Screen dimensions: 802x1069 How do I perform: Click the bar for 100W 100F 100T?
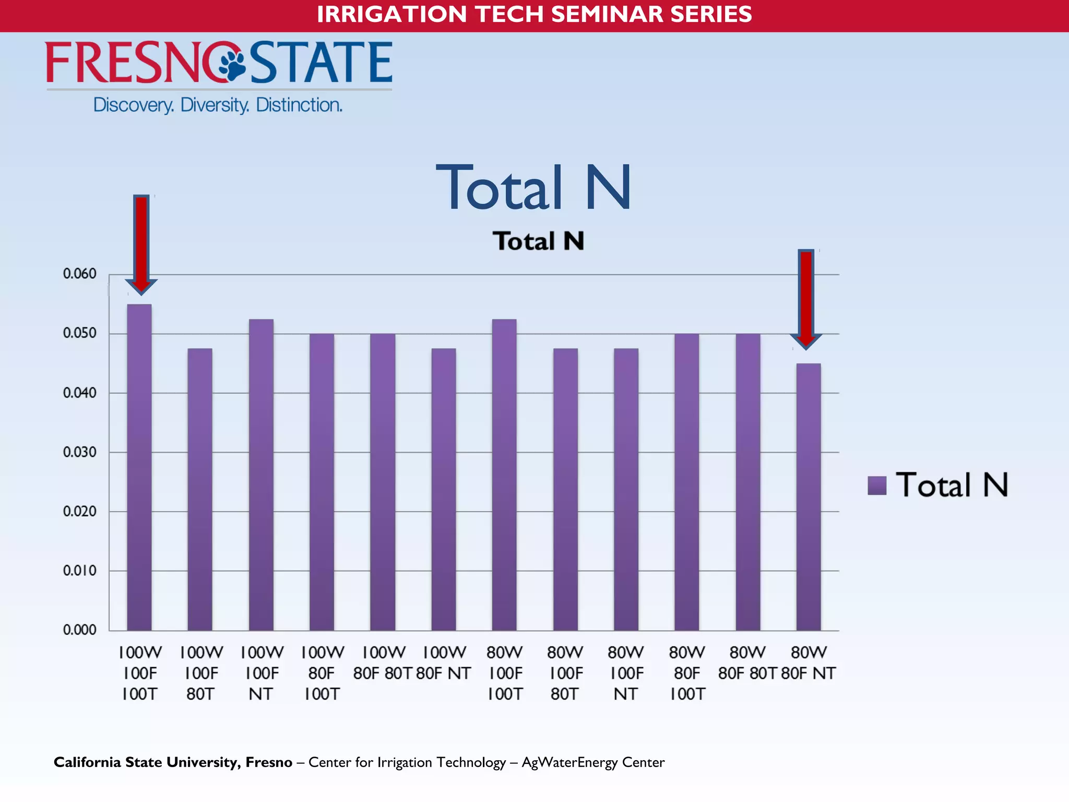[x=139, y=467]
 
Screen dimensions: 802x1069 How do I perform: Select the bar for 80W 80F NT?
[x=809, y=496]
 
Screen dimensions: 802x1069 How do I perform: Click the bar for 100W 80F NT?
[x=444, y=489]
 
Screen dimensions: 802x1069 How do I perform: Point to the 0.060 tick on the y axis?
[x=80, y=274]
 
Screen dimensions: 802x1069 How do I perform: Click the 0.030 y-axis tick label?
[x=80, y=452]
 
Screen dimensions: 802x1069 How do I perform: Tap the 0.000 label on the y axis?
[x=80, y=630]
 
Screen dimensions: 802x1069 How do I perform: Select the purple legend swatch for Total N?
[x=877, y=485]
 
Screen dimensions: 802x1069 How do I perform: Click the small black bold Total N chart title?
[x=538, y=241]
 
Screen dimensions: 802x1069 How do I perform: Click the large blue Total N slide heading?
[x=533, y=187]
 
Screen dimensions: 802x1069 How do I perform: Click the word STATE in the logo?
[x=321, y=63]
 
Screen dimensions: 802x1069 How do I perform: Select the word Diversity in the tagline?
[x=215, y=105]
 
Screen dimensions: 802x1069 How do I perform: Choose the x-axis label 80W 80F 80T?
[x=747, y=663]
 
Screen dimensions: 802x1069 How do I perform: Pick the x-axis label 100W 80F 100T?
[x=322, y=673]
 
